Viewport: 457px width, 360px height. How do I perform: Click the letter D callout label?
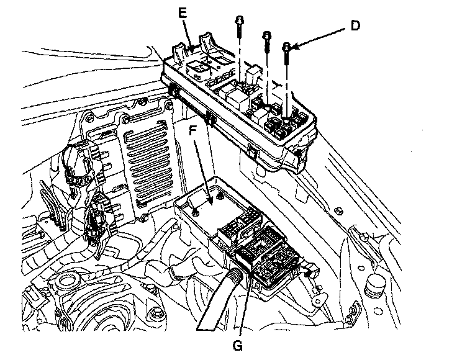355,26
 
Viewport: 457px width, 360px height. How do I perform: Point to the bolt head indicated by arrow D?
287,47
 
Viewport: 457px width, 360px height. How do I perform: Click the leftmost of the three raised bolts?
238,20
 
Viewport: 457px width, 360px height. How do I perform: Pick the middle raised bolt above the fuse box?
266,35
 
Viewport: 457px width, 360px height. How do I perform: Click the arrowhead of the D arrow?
294,45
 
